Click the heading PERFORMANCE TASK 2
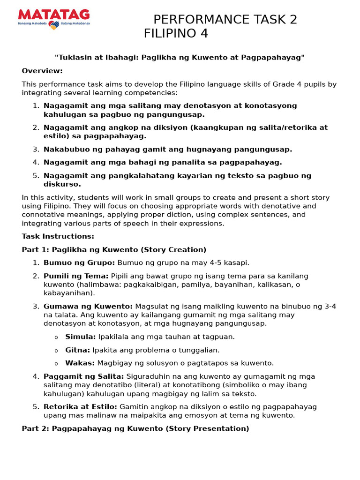225,20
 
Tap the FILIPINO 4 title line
176,34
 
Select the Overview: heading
42,71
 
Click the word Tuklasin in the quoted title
75,58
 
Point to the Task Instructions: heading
58,236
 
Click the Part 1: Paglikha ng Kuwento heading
114,250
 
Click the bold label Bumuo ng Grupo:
79,262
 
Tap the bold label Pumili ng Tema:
76,276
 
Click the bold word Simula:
81,337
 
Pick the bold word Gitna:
78,350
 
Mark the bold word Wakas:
80,363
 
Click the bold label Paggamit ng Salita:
84,376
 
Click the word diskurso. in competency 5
62,184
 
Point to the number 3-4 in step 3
330,307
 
